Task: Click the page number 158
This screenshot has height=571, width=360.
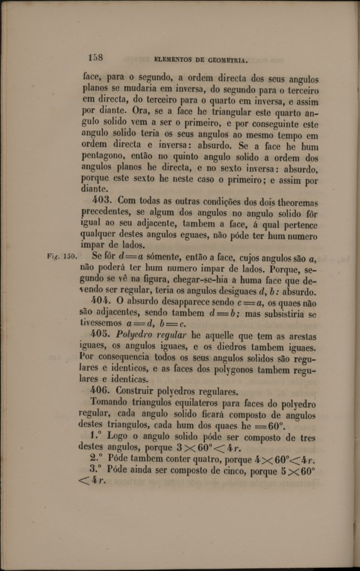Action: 95,57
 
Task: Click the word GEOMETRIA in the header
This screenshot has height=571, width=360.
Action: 222,58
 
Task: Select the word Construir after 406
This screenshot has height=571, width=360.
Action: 142,391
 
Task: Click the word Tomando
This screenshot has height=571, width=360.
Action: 111,403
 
